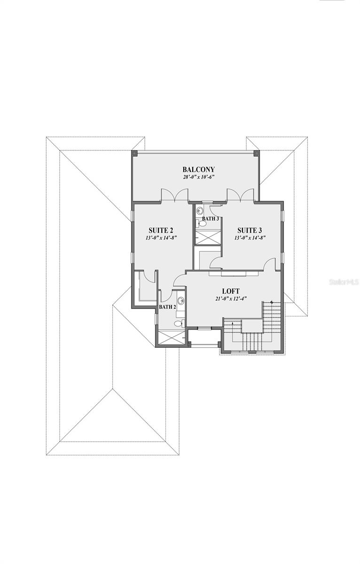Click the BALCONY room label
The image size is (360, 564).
tap(198, 170)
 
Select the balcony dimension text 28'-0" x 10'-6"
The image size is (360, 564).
tap(198, 178)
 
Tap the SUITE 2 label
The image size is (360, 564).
tap(161, 230)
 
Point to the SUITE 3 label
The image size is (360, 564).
tap(250, 230)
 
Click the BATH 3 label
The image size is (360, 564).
tap(210, 219)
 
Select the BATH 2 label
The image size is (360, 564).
tap(167, 307)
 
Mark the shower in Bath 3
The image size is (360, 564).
tap(208, 237)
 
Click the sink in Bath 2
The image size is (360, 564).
tap(180, 301)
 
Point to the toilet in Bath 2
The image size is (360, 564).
tap(179, 323)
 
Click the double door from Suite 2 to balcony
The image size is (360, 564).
tap(174, 196)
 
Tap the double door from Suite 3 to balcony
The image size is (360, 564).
tap(240, 196)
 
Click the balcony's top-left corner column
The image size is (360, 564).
tap(134, 153)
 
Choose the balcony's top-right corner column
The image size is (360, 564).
tap(256, 153)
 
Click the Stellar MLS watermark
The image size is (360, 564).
tap(344, 282)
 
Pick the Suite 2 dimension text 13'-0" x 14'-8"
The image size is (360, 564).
tap(161, 238)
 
